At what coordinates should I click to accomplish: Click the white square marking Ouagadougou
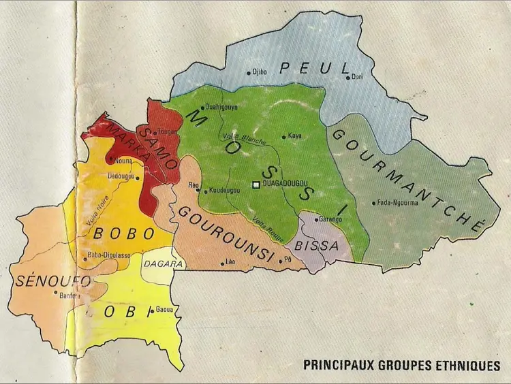(255, 185)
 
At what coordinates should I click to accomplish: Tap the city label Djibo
(259, 71)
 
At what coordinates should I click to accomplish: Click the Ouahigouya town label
(221, 106)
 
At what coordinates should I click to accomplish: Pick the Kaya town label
(295, 136)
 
